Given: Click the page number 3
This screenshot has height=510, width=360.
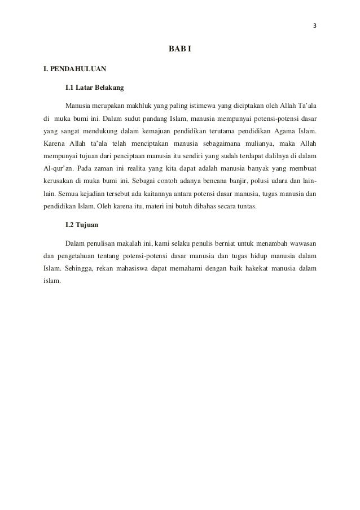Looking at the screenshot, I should [x=315, y=25].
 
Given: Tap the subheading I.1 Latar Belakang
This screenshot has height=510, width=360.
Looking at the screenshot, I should [x=94, y=88].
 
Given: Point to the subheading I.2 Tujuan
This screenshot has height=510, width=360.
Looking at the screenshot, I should [x=82, y=224].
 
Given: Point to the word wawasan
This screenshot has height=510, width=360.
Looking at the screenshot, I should [x=301, y=243].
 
